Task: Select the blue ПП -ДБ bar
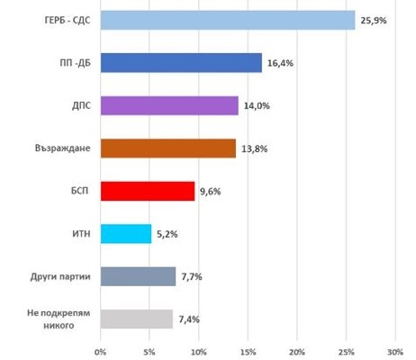181,63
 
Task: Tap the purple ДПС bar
169,105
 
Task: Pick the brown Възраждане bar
168,148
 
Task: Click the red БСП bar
148,191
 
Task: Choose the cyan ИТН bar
126,234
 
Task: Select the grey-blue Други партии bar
138,276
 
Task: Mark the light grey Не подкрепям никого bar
137,319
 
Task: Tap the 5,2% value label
167,234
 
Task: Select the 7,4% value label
189,319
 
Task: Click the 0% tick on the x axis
101,350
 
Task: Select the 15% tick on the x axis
248,350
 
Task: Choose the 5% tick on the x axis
149,350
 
